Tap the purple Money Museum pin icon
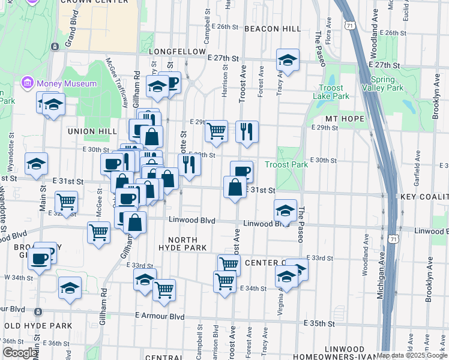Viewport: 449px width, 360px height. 27,82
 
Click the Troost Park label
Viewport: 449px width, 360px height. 286,164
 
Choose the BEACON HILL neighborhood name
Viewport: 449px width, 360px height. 273,29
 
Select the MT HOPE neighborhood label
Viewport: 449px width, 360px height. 345,119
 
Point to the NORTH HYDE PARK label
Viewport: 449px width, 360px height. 182,243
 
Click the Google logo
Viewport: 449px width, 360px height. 20,353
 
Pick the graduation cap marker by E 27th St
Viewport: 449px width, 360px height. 288,60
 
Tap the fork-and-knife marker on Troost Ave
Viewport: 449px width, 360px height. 246,131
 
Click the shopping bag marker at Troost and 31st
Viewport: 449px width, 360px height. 234,187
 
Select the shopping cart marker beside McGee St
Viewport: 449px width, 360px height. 98,232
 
